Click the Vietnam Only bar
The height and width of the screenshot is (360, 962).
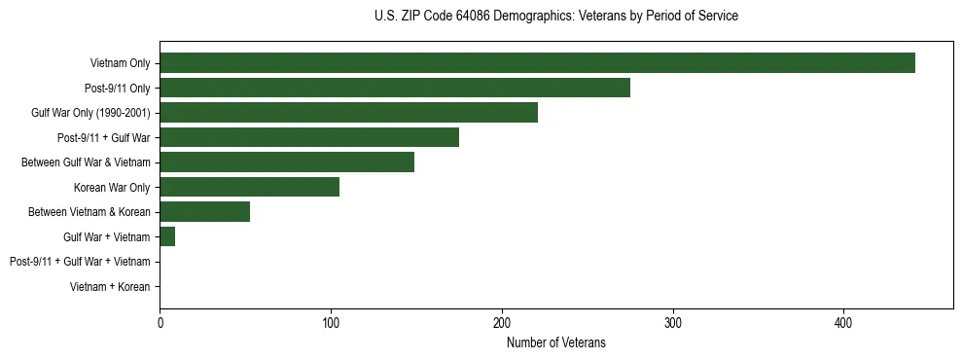click(x=537, y=63)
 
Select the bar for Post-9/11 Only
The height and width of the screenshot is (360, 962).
click(x=395, y=88)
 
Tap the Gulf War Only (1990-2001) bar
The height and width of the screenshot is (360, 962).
click(x=348, y=113)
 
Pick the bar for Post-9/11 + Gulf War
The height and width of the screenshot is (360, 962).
click(x=309, y=137)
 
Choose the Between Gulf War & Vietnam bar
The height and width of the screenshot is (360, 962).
click(x=287, y=162)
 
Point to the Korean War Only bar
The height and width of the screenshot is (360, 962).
click(x=250, y=187)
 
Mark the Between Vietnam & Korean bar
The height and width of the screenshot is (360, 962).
click(x=205, y=212)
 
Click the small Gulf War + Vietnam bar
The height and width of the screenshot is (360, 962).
click(x=167, y=236)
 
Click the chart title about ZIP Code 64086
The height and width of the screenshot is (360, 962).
click(x=555, y=17)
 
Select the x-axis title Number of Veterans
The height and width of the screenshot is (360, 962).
click(x=555, y=342)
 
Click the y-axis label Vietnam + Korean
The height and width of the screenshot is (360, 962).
click(x=110, y=287)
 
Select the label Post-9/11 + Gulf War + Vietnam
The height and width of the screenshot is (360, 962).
click(x=80, y=262)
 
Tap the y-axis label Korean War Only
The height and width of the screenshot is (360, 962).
click(x=112, y=188)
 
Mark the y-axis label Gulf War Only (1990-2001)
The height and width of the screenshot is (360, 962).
click(x=90, y=113)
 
